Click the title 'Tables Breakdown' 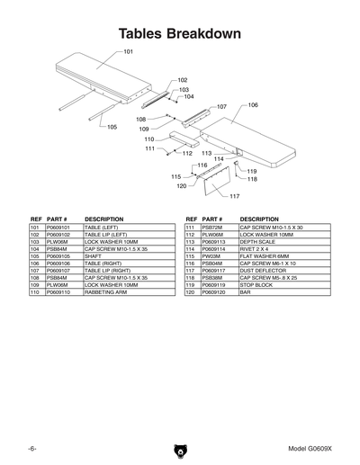point(180,35)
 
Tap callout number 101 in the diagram point(128,52)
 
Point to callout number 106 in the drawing point(253,105)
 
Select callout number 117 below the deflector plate point(234,195)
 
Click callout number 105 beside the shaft point(112,128)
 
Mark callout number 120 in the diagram point(181,186)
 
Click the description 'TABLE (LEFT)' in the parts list point(103,228)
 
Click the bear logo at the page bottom point(179,449)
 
